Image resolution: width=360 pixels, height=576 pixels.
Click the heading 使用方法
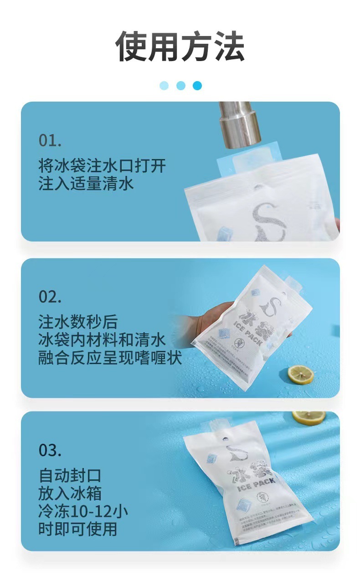click(180, 47)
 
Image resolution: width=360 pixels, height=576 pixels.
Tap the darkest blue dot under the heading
click(197, 86)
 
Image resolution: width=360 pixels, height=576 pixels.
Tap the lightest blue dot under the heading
click(164, 86)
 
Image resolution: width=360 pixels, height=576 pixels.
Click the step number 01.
click(50, 140)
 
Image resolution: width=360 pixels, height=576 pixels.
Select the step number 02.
click(50, 297)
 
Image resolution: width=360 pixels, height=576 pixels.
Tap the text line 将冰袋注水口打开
click(102, 165)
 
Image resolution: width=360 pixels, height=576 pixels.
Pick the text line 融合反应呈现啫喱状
click(110, 358)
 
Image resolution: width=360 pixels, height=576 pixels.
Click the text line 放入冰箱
click(70, 493)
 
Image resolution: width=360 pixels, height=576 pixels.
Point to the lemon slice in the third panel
click(309, 417)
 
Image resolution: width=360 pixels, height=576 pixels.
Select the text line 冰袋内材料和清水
click(102, 340)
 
